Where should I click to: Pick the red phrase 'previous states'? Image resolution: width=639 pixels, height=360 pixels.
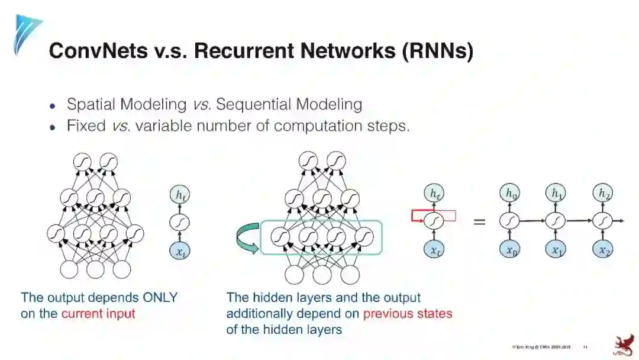(408, 314)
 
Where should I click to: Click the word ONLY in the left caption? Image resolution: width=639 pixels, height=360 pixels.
(158, 298)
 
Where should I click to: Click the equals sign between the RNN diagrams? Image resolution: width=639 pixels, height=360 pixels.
(479, 222)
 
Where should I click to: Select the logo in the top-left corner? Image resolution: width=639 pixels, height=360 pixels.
(27, 33)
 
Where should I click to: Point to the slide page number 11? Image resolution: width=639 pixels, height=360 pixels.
(585, 347)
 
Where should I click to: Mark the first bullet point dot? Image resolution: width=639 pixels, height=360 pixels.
(53, 106)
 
